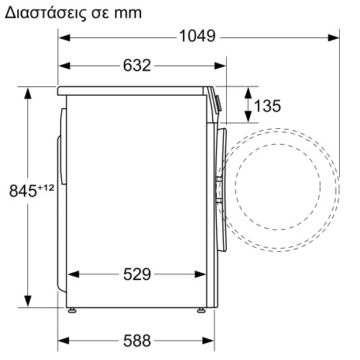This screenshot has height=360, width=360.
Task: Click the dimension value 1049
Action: pyautogui.click(x=197, y=37)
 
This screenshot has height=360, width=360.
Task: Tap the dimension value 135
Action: pyautogui.click(x=267, y=107)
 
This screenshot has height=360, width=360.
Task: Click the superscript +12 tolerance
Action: pyautogui.click(x=46, y=187)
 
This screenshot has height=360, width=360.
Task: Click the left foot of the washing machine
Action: pyautogui.click(x=73, y=310)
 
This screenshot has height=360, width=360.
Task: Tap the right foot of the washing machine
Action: pyautogui.click(x=202, y=310)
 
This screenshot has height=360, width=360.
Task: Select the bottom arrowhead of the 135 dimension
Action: pyautogui.click(x=248, y=119)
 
